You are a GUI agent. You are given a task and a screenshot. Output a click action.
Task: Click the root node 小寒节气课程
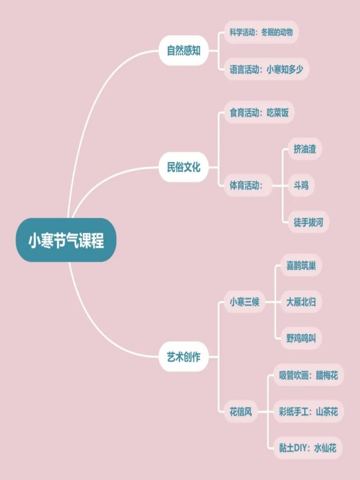click(x=66, y=240)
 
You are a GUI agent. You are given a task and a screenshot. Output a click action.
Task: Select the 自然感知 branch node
click(x=184, y=50)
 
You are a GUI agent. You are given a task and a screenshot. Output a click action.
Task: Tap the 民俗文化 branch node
click(x=184, y=167)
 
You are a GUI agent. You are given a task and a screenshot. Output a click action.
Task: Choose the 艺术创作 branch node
click(x=184, y=356)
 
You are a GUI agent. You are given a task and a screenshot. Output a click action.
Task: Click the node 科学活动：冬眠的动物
click(x=261, y=32)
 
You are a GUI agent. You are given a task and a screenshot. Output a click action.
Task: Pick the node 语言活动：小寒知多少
click(x=266, y=69)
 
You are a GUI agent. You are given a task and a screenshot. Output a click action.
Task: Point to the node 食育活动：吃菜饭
click(x=259, y=113)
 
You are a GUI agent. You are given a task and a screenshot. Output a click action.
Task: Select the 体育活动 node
click(x=248, y=185)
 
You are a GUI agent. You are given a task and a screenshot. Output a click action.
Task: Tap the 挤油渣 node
click(x=305, y=149)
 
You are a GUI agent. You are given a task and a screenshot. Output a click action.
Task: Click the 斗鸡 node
click(x=301, y=185)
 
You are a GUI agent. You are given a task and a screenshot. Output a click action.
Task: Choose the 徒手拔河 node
click(x=308, y=222)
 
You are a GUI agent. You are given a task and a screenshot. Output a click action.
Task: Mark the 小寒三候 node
click(x=245, y=302)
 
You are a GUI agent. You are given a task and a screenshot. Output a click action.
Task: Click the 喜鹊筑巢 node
click(x=301, y=265)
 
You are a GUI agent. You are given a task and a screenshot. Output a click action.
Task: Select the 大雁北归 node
click(x=301, y=302)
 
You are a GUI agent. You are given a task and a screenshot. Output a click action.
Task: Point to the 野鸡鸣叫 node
click(x=301, y=338)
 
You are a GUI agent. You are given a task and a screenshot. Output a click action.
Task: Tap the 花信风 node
click(x=241, y=412)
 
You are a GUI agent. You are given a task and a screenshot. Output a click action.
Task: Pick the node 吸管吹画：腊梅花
click(x=308, y=375)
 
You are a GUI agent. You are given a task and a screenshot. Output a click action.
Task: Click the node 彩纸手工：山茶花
click(x=308, y=412)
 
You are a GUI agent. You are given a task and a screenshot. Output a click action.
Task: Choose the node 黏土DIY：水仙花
click(x=307, y=448)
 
